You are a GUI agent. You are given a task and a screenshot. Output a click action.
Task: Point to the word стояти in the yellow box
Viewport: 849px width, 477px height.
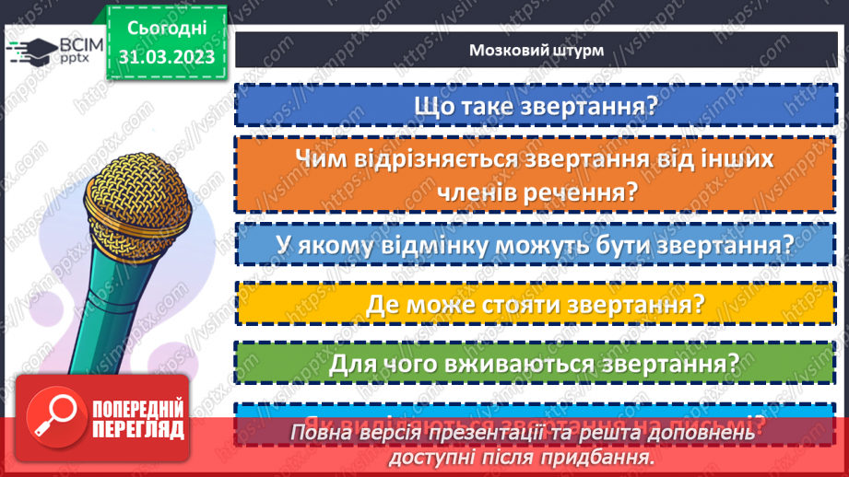534,304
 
